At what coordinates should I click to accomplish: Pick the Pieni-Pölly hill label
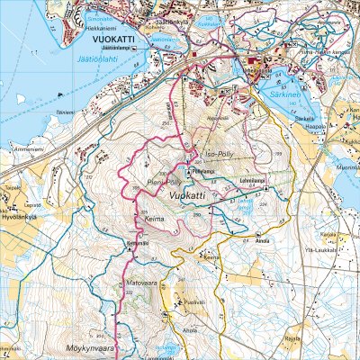(153, 180)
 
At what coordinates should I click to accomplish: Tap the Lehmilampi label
(252, 179)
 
